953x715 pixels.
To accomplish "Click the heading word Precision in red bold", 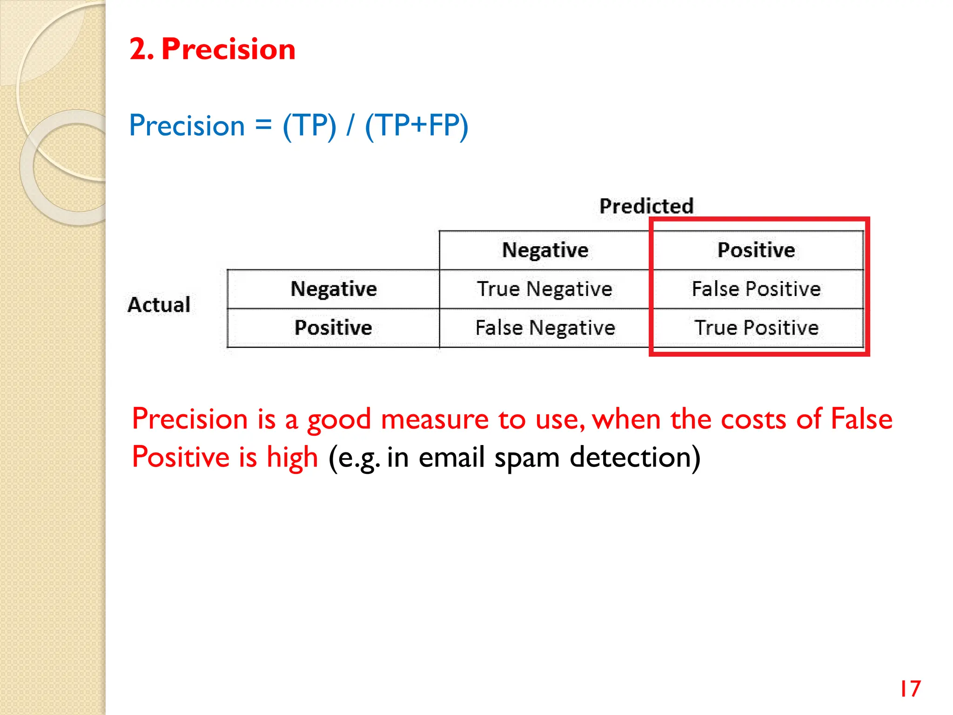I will [228, 49].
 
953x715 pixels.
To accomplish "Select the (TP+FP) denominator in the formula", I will [416, 126].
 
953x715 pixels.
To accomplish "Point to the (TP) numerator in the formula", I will [309, 126].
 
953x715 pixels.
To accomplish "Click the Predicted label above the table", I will [646, 206].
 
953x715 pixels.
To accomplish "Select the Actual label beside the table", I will [159, 305].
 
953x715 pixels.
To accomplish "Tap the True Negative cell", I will [544, 289].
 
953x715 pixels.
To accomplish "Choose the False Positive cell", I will [756, 289].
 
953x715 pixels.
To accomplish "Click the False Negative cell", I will [545, 328].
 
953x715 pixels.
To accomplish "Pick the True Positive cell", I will [756, 328].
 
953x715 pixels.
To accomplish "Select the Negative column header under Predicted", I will [545, 250].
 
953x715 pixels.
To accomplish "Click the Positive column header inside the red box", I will [756, 250].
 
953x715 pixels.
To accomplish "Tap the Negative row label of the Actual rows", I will [334, 289].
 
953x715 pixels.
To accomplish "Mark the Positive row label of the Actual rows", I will [334, 328].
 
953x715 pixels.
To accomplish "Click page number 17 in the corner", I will [910, 688].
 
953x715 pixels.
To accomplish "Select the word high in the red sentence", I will [292, 458].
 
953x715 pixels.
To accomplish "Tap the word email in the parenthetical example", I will [451, 457].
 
